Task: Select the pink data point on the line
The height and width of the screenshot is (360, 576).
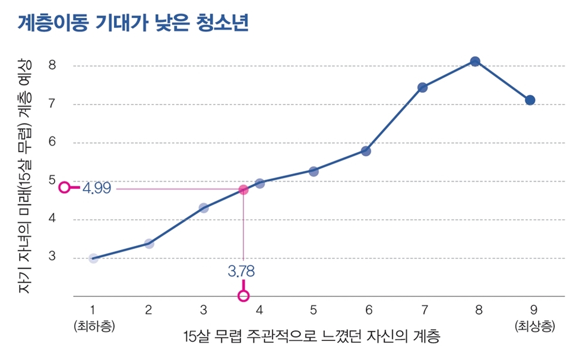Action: point(243,190)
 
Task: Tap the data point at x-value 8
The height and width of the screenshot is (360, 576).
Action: point(475,61)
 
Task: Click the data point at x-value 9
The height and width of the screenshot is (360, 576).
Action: point(530,100)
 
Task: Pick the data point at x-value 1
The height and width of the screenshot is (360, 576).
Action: point(93,258)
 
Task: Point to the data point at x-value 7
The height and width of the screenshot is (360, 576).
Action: point(422,87)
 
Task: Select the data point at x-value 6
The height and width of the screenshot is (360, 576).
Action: point(366,151)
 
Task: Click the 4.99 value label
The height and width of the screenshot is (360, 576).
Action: point(97,188)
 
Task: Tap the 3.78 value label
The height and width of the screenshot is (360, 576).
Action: point(241,271)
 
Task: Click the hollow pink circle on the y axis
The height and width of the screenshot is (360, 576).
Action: point(65,188)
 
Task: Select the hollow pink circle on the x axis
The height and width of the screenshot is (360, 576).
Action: point(243,295)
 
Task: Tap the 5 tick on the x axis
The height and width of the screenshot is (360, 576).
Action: point(313,310)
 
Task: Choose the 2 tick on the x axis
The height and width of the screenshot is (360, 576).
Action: point(148,310)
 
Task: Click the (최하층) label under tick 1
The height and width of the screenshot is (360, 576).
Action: point(93,326)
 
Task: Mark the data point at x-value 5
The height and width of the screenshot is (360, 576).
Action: point(314,171)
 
